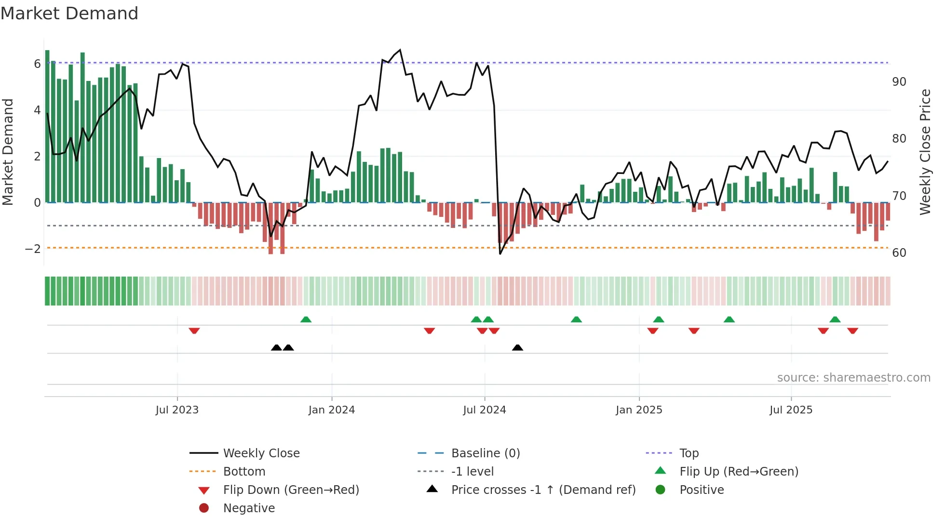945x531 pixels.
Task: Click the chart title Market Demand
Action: (x=69, y=13)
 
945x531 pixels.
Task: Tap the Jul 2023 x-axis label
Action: (x=177, y=410)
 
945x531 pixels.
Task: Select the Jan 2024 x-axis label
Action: (x=331, y=410)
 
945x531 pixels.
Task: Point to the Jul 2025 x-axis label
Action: (x=791, y=410)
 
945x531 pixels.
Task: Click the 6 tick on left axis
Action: (x=37, y=64)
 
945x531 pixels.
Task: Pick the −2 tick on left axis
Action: (x=33, y=249)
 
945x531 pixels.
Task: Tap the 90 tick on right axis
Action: (x=899, y=82)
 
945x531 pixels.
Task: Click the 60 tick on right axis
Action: (x=899, y=253)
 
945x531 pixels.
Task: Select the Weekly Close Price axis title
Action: (x=925, y=152)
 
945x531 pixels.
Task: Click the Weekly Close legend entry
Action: (x=261, y=453)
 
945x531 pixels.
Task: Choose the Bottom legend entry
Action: (x=244, y=472)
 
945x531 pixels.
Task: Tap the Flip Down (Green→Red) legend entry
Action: (x=291, y=490)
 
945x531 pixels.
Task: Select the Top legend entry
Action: (x=689, y=453)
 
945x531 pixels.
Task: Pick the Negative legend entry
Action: (x=249, y=508)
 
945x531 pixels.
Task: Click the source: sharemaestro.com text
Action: (x=853, y=378)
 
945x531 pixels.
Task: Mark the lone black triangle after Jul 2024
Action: (x=517, y=347)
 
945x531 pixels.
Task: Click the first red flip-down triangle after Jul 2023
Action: (x=194, y=331)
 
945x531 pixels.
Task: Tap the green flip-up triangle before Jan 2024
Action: (x=306, y=319)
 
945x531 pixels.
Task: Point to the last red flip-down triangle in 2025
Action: (x=852, y=331)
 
